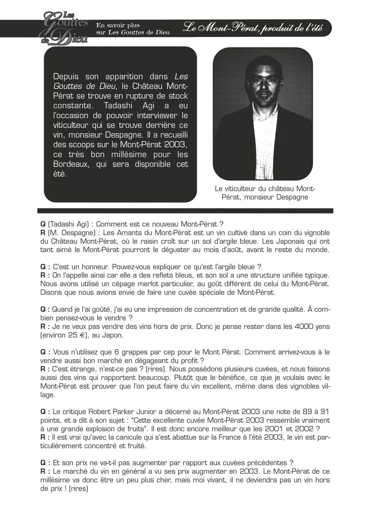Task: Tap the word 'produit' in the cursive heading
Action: click(273, 28)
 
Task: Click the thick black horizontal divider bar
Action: click(185, 211)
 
